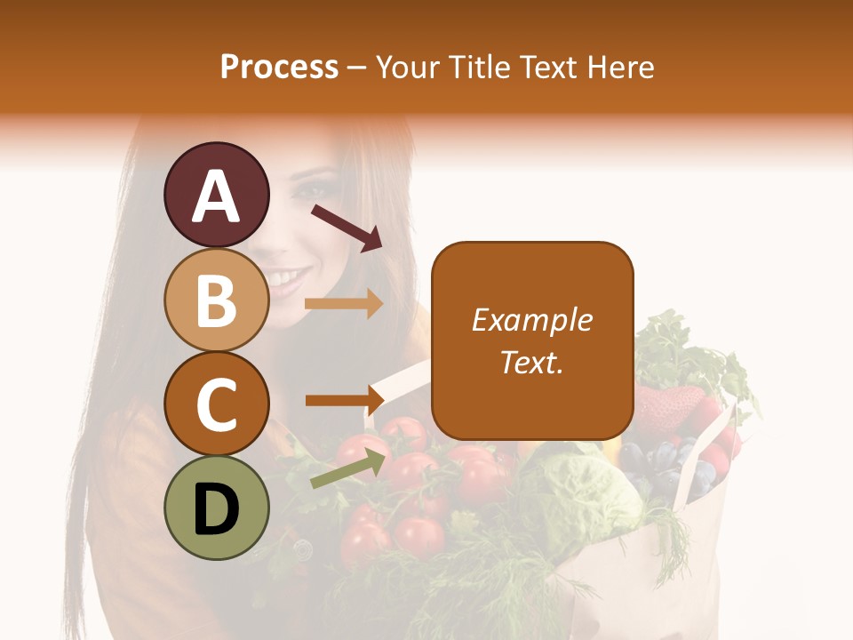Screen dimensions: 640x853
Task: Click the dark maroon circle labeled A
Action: [x=216, y=195]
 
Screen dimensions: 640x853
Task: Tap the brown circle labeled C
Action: [x=216, y=404]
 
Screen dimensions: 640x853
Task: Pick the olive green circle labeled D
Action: [x=216, y=508]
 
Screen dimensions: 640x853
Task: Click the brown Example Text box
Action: [x=532, y=340]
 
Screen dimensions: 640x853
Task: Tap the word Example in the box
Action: [x=532, y=320]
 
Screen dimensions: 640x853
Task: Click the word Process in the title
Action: [x=279, y=67]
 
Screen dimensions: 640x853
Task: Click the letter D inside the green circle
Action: [x=216, y=509]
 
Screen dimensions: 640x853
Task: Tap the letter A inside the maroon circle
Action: [x=216, y=196]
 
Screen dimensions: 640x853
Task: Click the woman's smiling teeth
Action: [x=285, y=282]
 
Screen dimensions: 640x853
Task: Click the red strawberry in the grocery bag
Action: [x=669, y=410]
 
